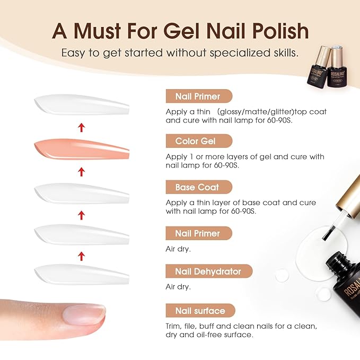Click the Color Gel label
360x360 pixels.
coord(196,141)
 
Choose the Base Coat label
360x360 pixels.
coord(197,187)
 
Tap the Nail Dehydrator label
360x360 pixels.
coord(208,271)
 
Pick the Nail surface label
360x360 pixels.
coord(200,311)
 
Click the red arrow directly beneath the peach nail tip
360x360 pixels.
coord(81,171)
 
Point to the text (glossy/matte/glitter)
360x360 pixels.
coord(246,112)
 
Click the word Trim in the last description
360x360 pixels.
coord(175,326)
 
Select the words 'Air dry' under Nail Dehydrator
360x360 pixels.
coord(178,287)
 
